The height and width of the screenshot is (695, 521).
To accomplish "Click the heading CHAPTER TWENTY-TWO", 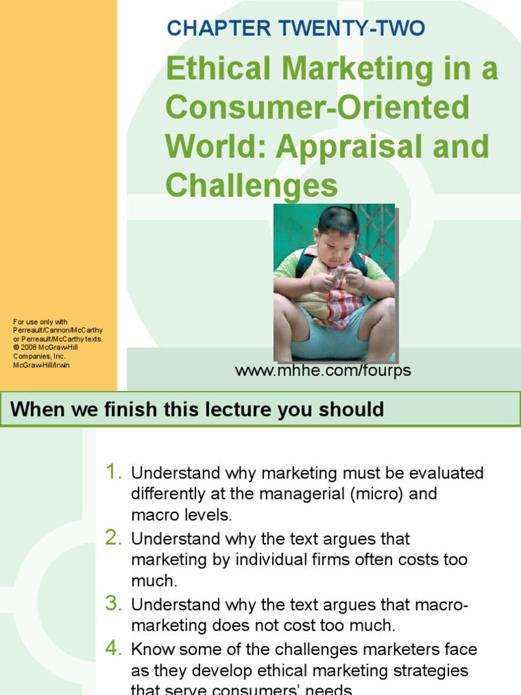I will (296, 28).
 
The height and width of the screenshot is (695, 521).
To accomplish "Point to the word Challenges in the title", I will (252, 184).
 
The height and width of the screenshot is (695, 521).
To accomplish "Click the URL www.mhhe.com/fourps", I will (323, 371).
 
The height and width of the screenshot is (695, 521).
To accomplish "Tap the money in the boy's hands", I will (338, 276).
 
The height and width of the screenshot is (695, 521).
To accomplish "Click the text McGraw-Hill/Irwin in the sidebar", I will (41, 365).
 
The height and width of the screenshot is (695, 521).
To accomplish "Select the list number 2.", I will (113, 538).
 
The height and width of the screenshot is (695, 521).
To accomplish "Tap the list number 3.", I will (113, 603).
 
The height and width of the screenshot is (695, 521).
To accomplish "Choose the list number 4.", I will (113, 648).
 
